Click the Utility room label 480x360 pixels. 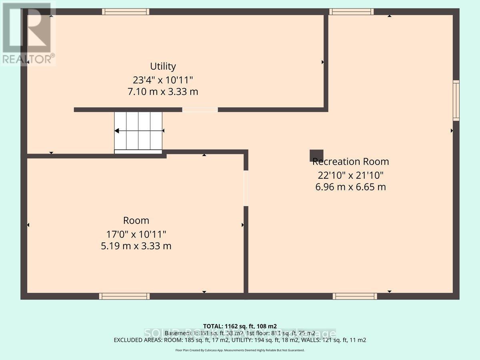[x=163, y=66]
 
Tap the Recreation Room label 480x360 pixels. [x=350, y=162]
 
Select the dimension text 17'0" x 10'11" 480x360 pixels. [x=136, y=233]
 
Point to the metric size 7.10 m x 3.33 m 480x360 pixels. [x=163, y=92]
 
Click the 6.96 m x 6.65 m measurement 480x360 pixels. [x=350, y=187]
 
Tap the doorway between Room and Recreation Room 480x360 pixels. [x=246, y=188]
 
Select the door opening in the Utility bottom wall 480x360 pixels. [x=200, y=110]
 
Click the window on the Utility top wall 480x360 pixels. [x=125, y=12]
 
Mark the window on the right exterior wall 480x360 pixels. [x=456, y=100]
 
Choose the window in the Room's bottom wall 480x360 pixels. [x=124, y=296]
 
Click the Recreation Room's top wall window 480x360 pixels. [x=351, y=12]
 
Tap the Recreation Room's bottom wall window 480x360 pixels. [x=355, y=296]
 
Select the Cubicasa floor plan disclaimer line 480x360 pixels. [x=240, y=350]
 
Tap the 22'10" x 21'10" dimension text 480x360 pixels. [x=350, y=174]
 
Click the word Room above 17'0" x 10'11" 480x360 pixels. [x=136, y=220]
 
